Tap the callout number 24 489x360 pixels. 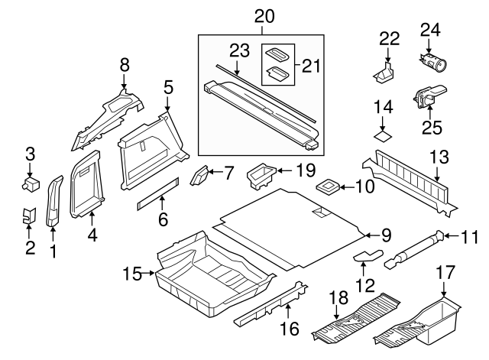pos(431,31)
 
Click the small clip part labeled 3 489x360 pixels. pos(31,184)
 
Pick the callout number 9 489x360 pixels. pos(387,235)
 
